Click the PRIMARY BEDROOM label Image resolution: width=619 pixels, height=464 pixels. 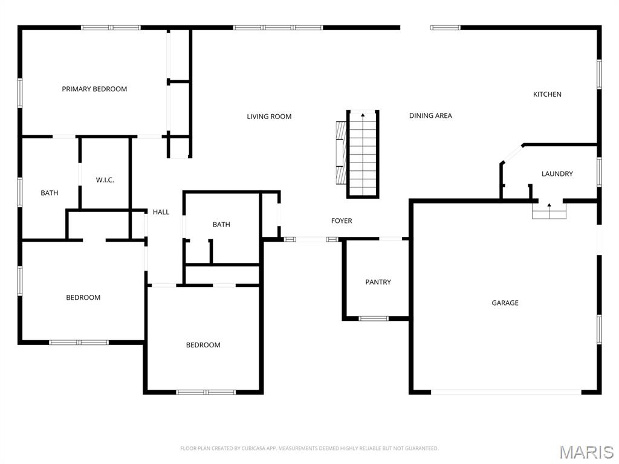(94, 89)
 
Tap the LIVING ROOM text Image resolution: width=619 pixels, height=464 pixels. (269, 117)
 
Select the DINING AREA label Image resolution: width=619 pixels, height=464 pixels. (430, 115)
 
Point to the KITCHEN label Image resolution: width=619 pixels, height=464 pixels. (547, 94)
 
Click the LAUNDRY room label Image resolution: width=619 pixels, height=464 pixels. (557, 174)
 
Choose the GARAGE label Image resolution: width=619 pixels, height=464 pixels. (505, 303)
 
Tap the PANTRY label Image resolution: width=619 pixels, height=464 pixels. (378, 282)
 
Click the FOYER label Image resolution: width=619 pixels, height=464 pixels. (342, 221)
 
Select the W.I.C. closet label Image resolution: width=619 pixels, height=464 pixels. (105, 180)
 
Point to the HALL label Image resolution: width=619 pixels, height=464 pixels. (161, 212)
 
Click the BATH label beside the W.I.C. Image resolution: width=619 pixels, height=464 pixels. (50, 193)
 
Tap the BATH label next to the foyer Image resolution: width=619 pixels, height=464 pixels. (221, 225)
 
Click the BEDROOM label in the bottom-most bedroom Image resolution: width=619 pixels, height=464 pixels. (203, 345)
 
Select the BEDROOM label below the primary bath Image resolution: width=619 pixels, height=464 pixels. (83, 297)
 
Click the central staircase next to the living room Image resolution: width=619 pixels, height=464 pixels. (363, 154)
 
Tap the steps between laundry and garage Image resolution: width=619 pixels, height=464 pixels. (549, 211)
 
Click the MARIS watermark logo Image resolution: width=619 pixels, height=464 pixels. (586, 452)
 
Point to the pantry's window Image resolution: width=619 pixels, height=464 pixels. (374, 318)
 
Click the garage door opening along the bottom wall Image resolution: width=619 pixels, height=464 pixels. (507, 392)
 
